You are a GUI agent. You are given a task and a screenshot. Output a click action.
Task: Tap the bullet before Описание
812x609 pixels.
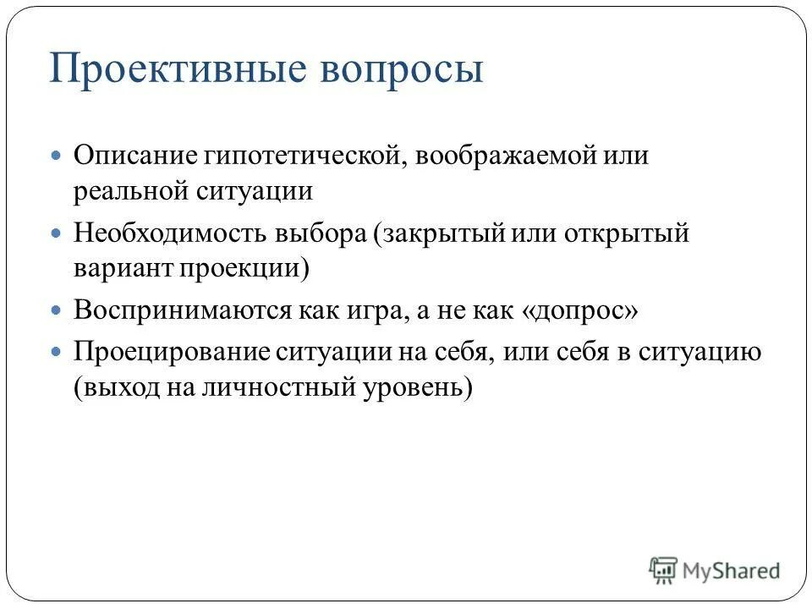point(57,157)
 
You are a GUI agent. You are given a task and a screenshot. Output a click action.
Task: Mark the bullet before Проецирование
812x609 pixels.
point(57,350)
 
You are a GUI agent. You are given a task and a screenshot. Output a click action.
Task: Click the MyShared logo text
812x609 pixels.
point(731,570)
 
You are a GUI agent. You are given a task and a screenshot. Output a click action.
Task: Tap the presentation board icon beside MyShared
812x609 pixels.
point(664,570)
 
